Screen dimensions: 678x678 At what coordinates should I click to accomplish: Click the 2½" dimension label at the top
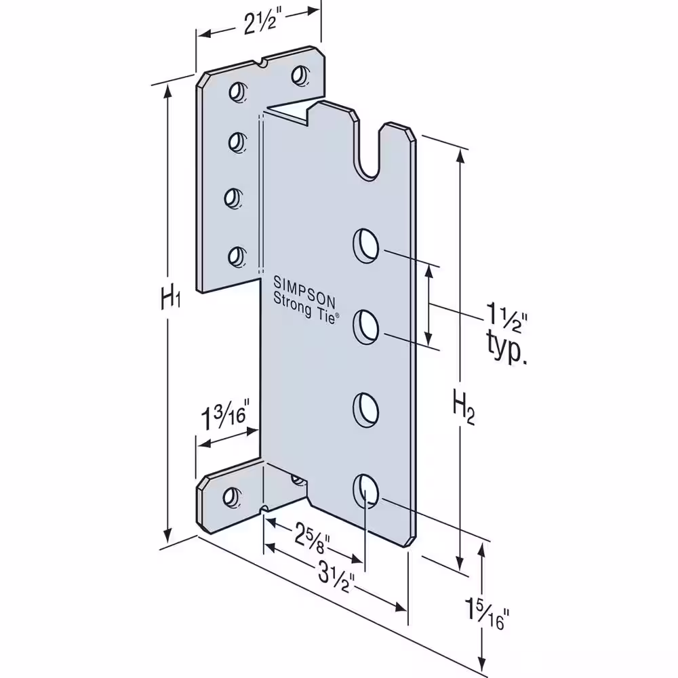[x=260, y=24]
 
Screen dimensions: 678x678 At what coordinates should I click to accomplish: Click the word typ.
[x=506, y=348]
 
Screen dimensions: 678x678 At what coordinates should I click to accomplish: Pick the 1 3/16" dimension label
[x=226, y=417]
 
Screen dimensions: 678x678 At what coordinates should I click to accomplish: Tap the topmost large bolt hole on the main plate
[x=366, y=245]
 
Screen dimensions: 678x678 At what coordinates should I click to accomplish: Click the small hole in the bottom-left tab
[x=232, y=497]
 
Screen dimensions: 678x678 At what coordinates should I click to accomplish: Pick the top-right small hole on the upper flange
[x=300, y=76]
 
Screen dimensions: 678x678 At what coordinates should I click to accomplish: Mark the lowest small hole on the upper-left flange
[x=236, y=256]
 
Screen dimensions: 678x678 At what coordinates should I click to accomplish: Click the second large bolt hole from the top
[x=366, y=327]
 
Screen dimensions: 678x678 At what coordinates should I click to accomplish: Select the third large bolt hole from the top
[x=366, y=410]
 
